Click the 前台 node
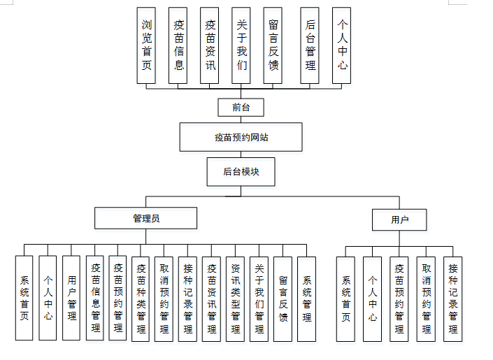pyautogui.click(x=241, y=107)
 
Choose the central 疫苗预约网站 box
pyautogui.click(x=241, y=137)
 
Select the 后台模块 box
pyautogui.click(x=241, y=171)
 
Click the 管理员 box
pyautogui.click(x=146, y=218)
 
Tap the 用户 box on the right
pyautogui.click(x=399, y=219)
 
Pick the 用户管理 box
pyautogui.click(x=71, y=298)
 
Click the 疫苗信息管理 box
pyautogui.click(x=95, y=298)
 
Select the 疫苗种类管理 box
pyautogui.click(x=141, y=298)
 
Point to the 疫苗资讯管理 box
pyautogui.click(x=212, y=298)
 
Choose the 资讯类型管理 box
pyautogui.click(x=236, y=298)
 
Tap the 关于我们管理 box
pyautogui.click(x=259, y=298)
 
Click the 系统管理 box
pyautogui.click(x=306, y=298)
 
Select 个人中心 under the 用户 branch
pyautogui.click(x=373, y=298)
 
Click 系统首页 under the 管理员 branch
pyautogui.click(x=24, y=298)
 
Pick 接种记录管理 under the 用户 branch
pyautogui.click(x=452, y=298)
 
